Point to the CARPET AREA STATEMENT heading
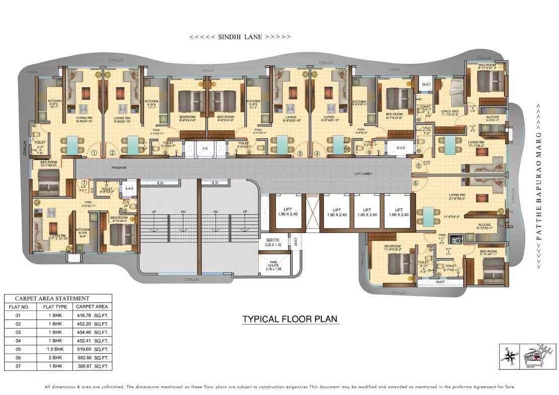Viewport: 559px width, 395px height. click(x=52, y=298)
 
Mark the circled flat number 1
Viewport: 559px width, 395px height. click(x=94, y=153)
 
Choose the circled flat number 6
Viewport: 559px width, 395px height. click(x=415, y=183)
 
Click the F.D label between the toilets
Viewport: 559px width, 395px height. click(x=204, y=149)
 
